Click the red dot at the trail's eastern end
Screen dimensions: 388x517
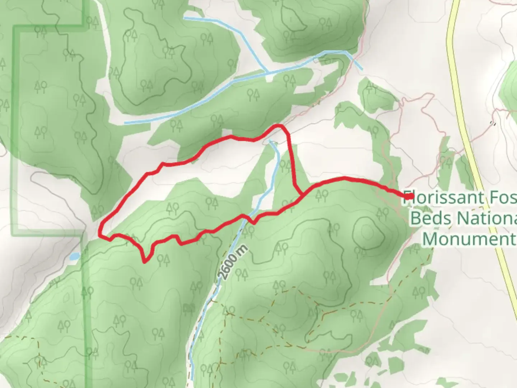point(409,196)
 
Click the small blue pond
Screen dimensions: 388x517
point(75,257)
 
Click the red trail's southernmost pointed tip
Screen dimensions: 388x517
point(145,262)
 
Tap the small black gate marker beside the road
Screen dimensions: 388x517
point(493,124)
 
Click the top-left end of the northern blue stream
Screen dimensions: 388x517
point(185,17)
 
